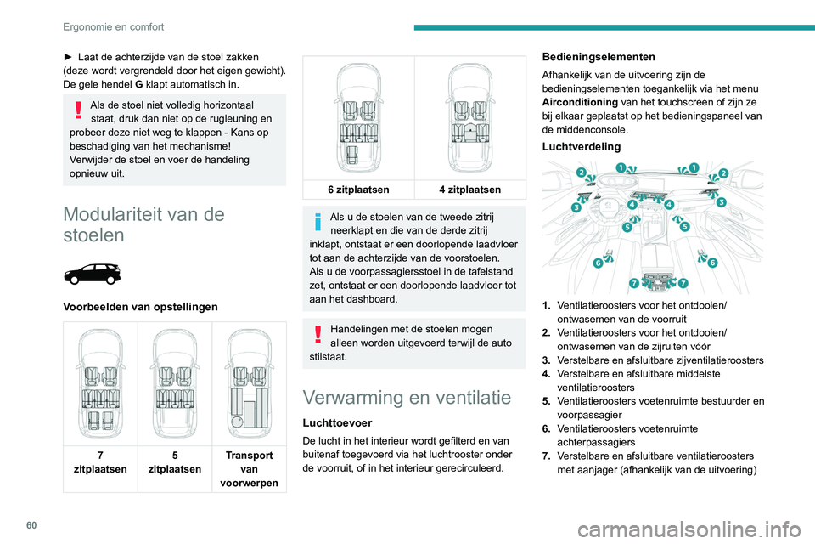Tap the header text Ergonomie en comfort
(113, 26)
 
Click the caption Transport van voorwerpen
(250, 468)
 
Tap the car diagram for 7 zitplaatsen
(100, 380)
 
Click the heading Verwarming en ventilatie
(407, 398)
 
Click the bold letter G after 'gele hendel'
(137, 85)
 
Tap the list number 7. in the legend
(547, 456)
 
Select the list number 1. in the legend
(547, 303)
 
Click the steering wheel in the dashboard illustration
(608, 208)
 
